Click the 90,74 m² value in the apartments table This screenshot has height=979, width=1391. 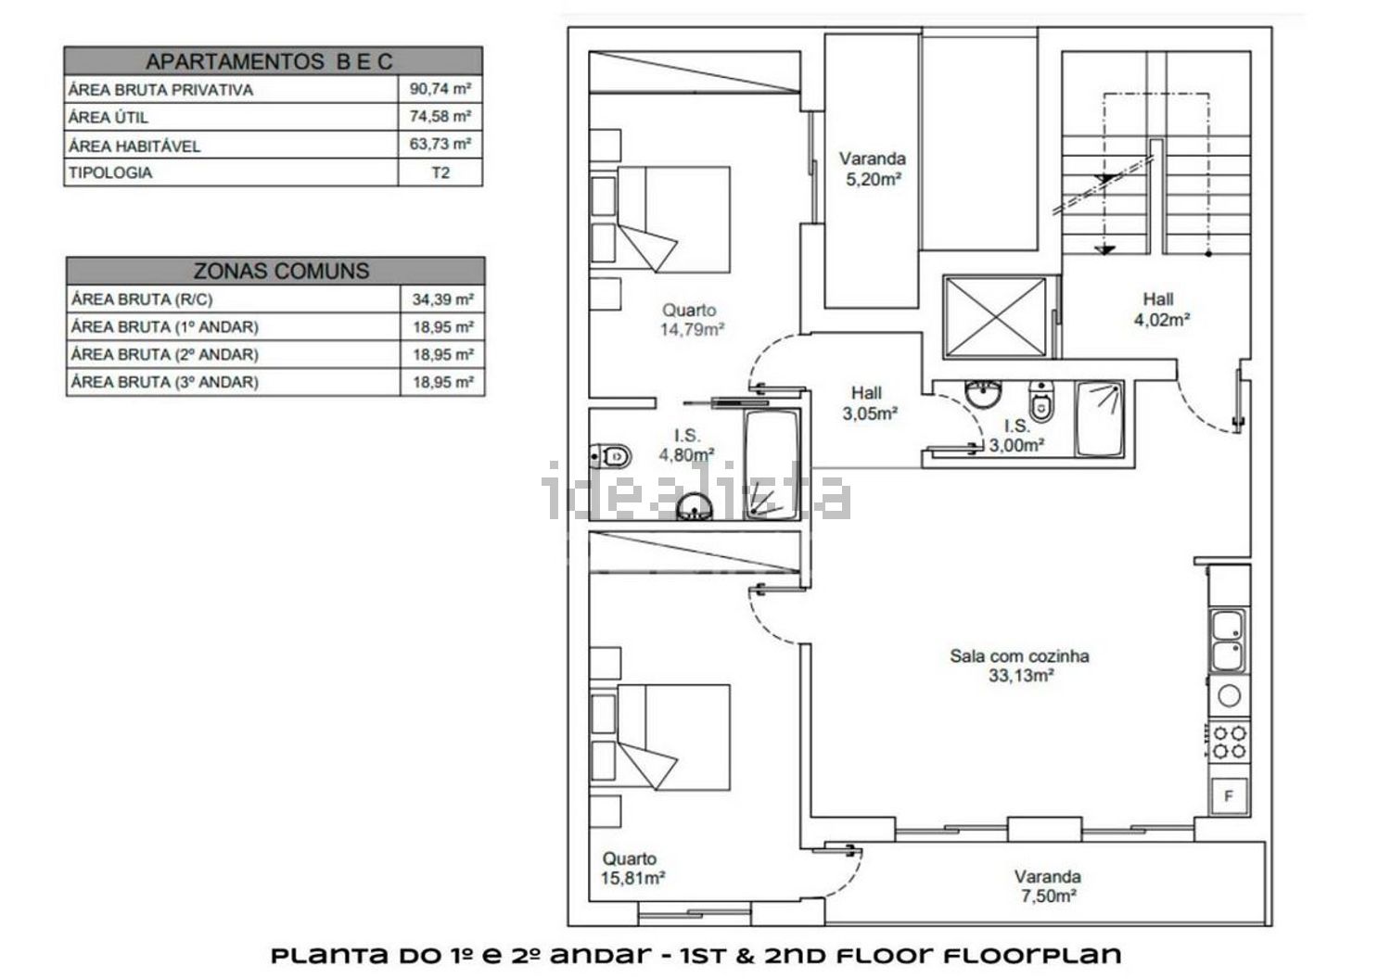[x=440, y=89]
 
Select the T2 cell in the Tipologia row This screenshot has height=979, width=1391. [x=440, y=172]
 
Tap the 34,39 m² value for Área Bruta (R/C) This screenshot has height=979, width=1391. [x=442, y=299]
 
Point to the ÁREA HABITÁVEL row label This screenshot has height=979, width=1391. [x=134, y=146]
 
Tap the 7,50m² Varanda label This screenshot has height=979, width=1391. [x=1048, y=886]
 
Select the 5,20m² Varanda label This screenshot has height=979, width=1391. [x=873, y=169]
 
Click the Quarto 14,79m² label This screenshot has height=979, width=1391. [x=692, y=320]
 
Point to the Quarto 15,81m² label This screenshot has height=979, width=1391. [x=632, y=869]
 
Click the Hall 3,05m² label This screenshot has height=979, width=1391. [x=870, y=403]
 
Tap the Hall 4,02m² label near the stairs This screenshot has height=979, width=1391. [x=1161, y=309]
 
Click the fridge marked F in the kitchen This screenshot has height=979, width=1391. [x=1228, y=795]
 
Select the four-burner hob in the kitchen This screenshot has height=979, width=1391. [x=1229, y=743]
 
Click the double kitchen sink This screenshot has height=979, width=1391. [x=1227, y=640]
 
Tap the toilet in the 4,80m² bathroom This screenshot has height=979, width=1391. [x=610, y=457]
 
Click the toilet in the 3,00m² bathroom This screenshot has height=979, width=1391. [x=1041, y=400]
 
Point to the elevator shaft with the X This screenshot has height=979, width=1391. [x=995, y=317]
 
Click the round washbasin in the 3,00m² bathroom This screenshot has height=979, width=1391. [x=983, y=395]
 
